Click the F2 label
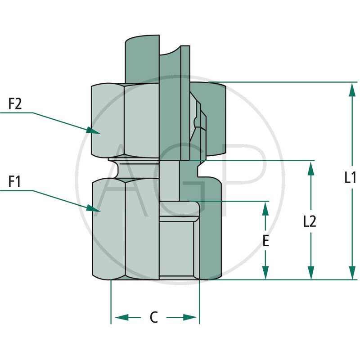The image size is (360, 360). pos(15,104)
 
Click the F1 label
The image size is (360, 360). pos(15,182)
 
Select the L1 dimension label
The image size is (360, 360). pos(351,178)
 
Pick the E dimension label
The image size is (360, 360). pos(266,241)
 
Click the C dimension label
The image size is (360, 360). pos(154,318)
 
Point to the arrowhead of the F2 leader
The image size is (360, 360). pos(94,130)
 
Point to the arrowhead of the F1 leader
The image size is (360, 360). pos(94,208)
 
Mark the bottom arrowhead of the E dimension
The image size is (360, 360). pos(266,272)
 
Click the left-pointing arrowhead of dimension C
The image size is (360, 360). pos(120,318)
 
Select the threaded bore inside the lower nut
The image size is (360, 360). pos(177,245)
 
